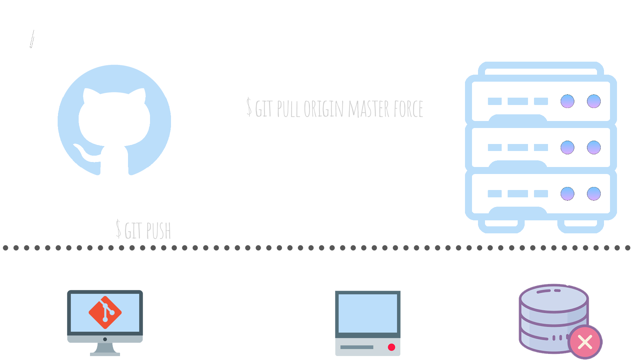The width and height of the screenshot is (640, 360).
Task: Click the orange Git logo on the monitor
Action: click(105, 312)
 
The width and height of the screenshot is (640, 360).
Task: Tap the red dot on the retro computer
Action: click(391, 347)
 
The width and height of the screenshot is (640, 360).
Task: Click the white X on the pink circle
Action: click(585, 342)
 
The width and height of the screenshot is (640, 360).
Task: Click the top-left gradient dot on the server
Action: click(567, 101)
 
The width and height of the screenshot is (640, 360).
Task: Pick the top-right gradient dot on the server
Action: click(594, 101)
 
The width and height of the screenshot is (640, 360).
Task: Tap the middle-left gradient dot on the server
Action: click(567, 147)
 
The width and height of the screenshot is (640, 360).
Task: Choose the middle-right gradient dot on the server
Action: click(594, 147)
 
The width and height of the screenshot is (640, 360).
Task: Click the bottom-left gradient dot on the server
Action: click(567, 194)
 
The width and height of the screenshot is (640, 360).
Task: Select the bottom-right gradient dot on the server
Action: click(594, 194)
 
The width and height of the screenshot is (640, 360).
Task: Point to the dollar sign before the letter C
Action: click(118, 229)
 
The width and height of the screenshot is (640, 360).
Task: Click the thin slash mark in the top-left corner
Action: click(32, 39)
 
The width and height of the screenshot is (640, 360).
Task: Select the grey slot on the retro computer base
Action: click(357, 347)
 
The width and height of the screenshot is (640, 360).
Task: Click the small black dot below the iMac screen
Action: click(105, 339)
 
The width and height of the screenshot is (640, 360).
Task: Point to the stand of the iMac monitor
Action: click(105, 349)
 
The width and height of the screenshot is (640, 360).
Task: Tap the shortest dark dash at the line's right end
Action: click(622, 248)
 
